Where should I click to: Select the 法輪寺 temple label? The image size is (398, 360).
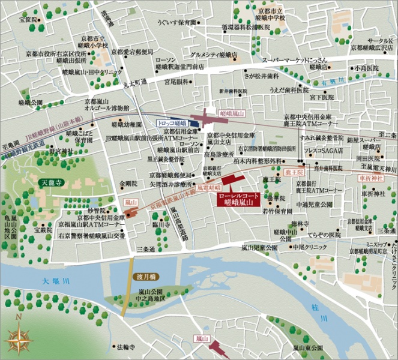pos(127,347)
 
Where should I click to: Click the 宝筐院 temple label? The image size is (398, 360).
pos(28,20)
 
